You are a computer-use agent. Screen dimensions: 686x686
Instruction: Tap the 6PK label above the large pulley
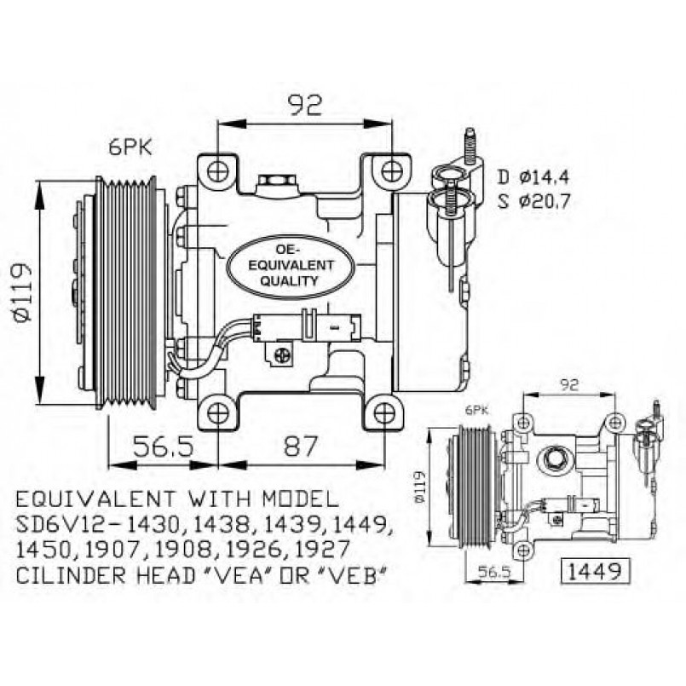[x=130, y=147]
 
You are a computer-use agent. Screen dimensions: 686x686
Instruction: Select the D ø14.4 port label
[x=533, y=177]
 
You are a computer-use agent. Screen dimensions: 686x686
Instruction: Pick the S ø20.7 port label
[x=533, y=202]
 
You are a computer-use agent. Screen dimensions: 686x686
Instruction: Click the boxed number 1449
[x=595, y=568]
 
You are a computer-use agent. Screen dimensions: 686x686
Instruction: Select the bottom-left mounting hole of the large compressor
[x=217, y=413]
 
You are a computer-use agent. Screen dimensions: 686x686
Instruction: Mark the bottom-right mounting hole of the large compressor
[x=385, y=414]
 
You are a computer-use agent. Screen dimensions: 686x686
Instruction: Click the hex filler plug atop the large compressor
[x=274, y=182]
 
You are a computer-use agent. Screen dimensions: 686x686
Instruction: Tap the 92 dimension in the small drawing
[x=569, y=384]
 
